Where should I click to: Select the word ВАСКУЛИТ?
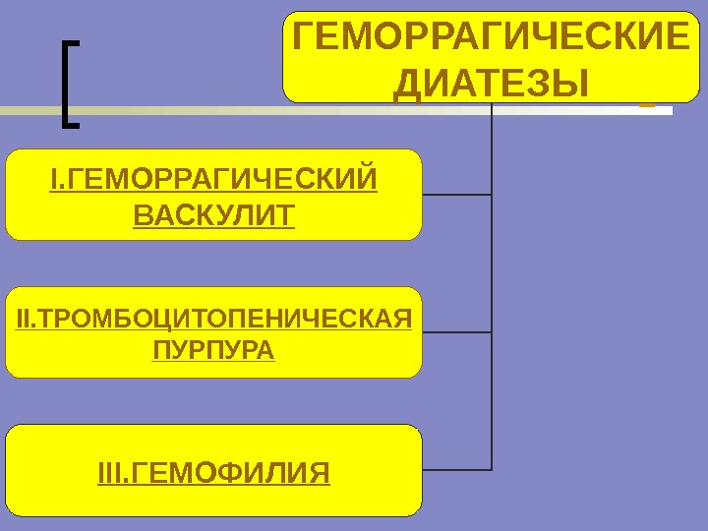[213, 213]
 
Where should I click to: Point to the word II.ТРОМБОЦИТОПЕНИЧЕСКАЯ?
[213, 319]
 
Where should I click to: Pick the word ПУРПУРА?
[213, 350]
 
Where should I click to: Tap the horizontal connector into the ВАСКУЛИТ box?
[456, 195]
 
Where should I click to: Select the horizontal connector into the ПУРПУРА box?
[456, 332]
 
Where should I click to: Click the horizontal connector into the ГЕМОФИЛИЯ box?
[456, 469]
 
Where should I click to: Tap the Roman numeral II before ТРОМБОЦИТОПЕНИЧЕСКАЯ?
[24, 319]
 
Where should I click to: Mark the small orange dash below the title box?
[646, 103]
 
